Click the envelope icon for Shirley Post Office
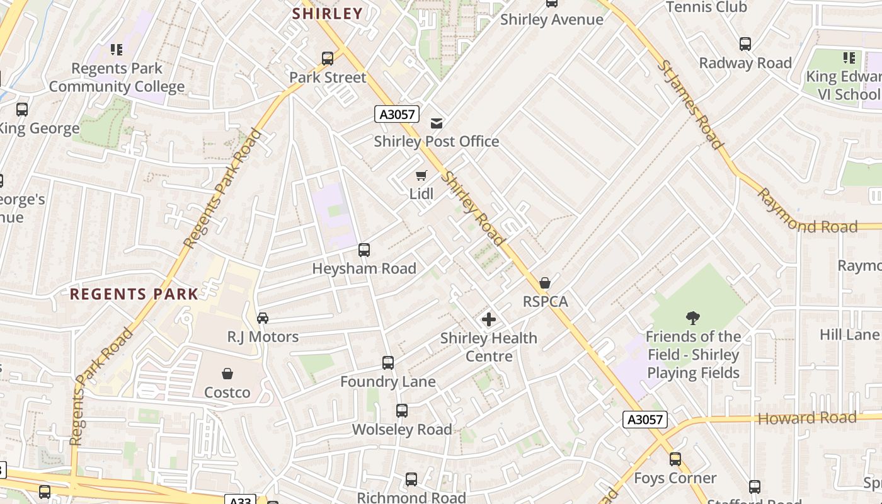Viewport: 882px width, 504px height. pyautogui.click(x=436, y=123)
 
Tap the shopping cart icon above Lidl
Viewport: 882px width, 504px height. pyautogui.click(x=421, y=175)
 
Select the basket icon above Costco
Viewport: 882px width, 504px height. pyautogui.click(x=227, y=374)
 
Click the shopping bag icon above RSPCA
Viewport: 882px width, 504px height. pyautogui.click(x=545, y=283)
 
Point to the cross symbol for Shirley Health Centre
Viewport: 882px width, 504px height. pyautogui.click(x=488, y=319)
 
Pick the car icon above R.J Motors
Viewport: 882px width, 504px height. pyautogui.click(x=263, y=318)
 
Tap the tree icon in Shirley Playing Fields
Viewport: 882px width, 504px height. pyautogui.click(x=693, y=318)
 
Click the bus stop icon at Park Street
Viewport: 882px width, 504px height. pyautogui.click(x=327, y=59)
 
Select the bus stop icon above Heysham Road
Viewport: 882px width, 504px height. pyautogui.click(x=364, y=250)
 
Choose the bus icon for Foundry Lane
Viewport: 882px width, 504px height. pyautogui.click(x=387, y=363)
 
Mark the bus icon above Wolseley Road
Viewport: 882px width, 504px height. pyautogui.click(x=401, y=411)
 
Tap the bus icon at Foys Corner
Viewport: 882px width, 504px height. pyautogui.click(x=675, y=459)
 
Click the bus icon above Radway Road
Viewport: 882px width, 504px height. pyautogui.click(x=745, y=44)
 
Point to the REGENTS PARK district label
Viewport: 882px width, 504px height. pyautogui.click(x=134, y=294)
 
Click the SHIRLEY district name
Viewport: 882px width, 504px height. pyautogui.click(x=328, y=13)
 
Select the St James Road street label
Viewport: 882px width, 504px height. pyautogui.click(x=690, y=105)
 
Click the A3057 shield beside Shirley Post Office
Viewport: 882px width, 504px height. pyautogui.click(x=397, y=114)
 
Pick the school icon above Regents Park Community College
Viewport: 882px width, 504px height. pyautogui.click(x=116, y=49)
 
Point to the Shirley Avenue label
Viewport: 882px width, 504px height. pyautogui.click(x=551, y=20)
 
